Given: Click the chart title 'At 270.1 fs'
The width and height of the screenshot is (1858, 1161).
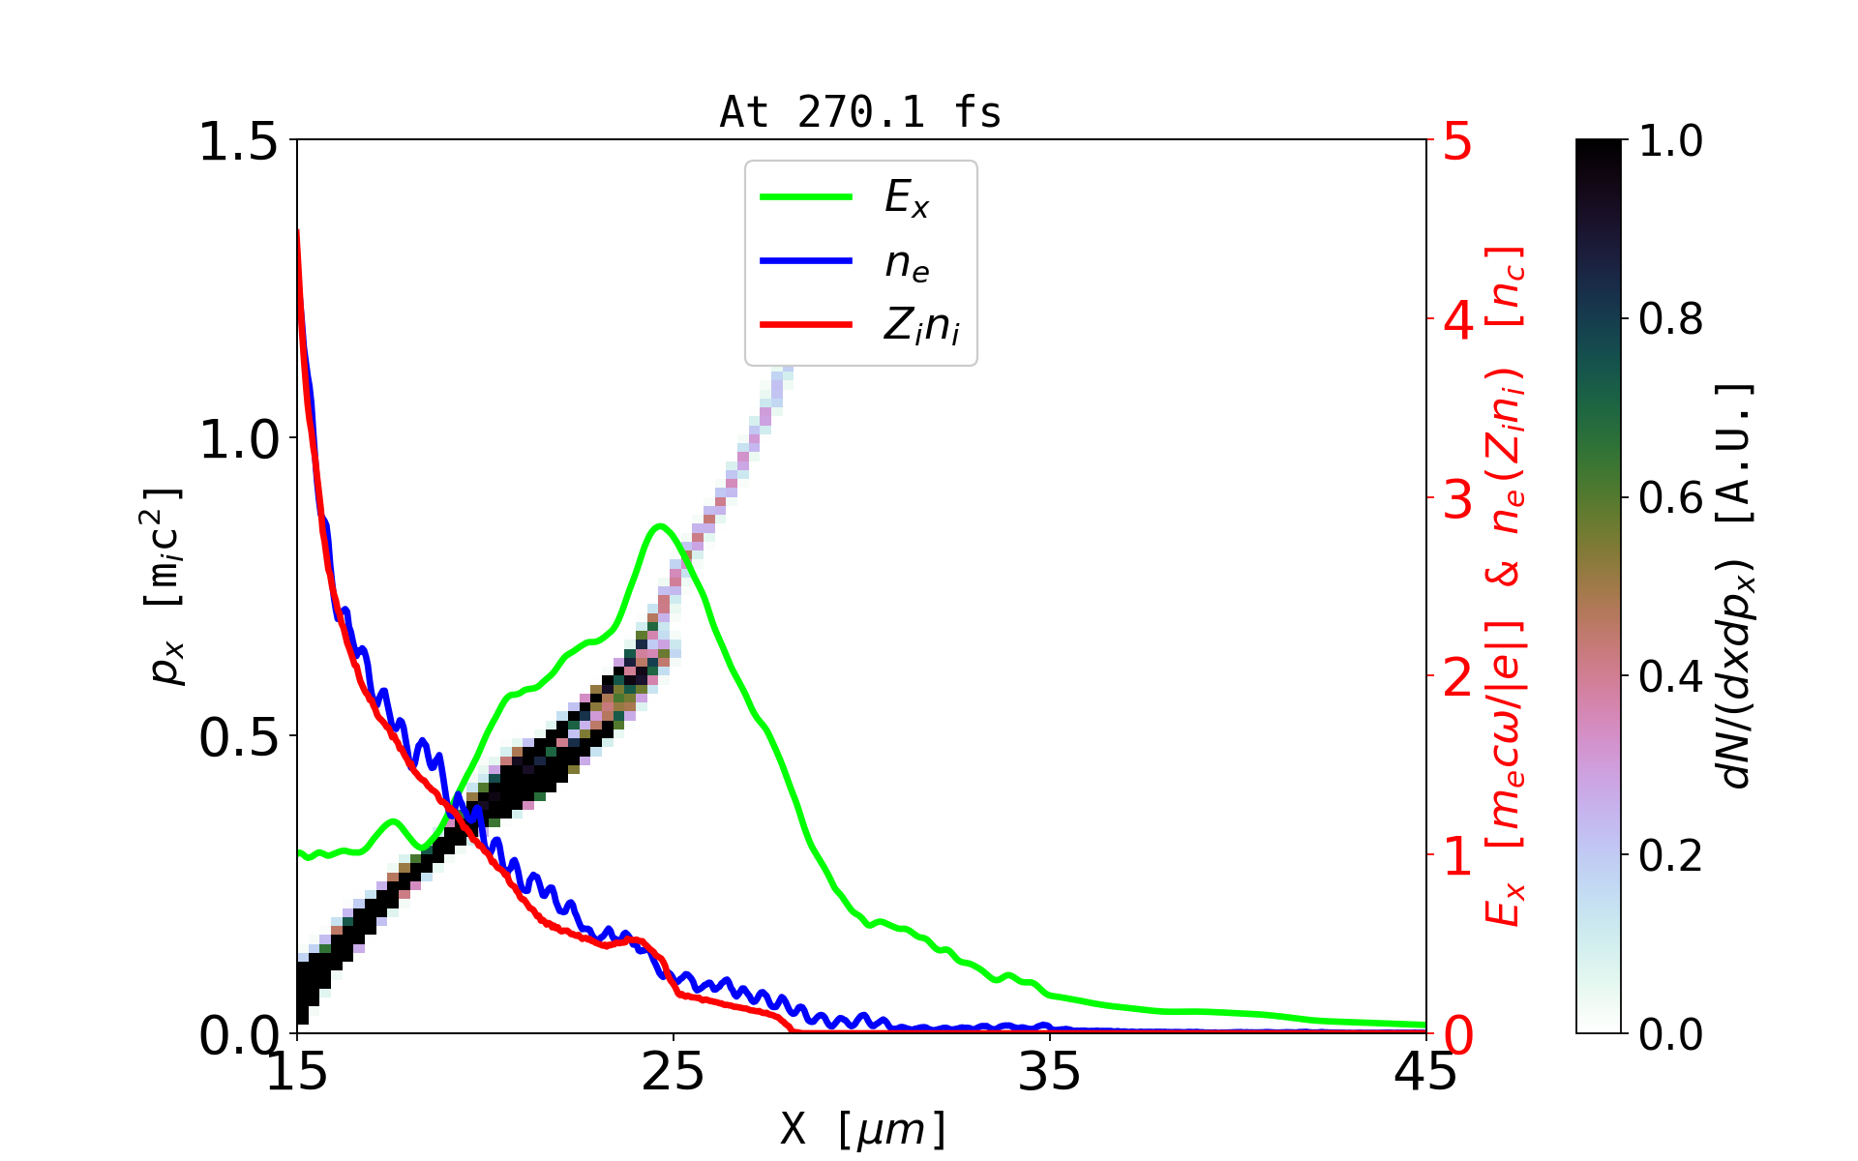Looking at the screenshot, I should (x=860, y=112).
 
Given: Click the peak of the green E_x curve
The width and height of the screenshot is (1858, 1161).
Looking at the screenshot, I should (x=660, y=526).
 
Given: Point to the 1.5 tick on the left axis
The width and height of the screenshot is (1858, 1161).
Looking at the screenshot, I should (x=237, y=141).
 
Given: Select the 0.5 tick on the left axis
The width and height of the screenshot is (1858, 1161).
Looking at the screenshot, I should (x=237, y=737).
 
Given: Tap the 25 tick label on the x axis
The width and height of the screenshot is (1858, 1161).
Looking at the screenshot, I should (x=674, y=1072).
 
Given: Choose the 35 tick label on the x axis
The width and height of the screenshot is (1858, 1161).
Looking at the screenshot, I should (x=1050, y=1072).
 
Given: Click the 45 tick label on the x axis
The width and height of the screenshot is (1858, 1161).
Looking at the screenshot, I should (x=1425, y=1072).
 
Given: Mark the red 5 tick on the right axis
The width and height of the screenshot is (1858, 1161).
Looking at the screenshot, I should (x=1458, y=141).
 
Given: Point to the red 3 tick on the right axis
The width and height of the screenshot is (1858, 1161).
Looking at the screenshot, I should (x=1458, y=499).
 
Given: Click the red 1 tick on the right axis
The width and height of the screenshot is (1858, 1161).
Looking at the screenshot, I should (x=1458, y=856).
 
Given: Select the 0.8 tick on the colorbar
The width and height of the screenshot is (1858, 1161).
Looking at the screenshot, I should (x=1670, y=319).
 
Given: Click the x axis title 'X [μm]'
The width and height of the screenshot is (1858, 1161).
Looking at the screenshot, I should (x=863, y=1128).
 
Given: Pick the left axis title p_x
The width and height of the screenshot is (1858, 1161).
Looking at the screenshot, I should (x=165, y=586).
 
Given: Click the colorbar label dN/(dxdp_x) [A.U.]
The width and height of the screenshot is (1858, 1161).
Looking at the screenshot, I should (x=1737, y=586).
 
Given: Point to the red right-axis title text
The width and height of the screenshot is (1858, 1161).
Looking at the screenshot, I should (x=1506, y=586).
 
